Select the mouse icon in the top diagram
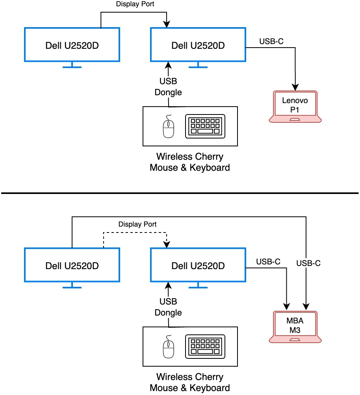pyautogui.click(x=169, y=126)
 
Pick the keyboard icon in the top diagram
pyautogui.click(x=205, y=126)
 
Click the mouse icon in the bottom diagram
pyautogui.click(x=169, y=346)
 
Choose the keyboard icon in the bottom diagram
pyautogui.click(x=205, y=346)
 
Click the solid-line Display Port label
pyautogui.click(x=135, y=4)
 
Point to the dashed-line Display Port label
pyautogui.click(x=137, y=224)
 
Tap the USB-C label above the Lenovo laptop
pyautogui.click(x=271, y=41)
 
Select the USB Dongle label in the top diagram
pyautogui.click(x=168, y=87)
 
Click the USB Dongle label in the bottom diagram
pyautogui.click(x=168, y=307)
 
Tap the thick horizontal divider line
pyautogui.click(x=180, y=193)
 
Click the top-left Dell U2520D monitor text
pyautogui.click(x=72, y=45)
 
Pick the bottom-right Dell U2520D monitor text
pyautogui.click(x=198, y=266)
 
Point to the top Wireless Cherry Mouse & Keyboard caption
pyautogui.click(x=190, y=162)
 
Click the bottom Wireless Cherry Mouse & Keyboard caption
pyautogui.click(x=190, y=382)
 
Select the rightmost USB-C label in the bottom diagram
pyautogui.click(x=308, y=264)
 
